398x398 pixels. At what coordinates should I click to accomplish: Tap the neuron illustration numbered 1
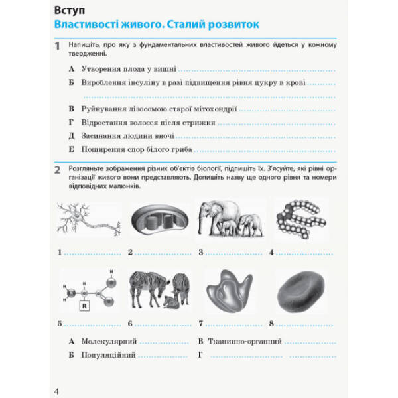[88, 220]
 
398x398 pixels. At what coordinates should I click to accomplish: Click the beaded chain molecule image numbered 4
[300, 220]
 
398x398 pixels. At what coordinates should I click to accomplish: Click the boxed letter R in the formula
[84, 306]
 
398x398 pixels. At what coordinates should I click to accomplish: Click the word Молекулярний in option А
[109, 341]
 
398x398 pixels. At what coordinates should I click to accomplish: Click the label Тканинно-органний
[246, 341]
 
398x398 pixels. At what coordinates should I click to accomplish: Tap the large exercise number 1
[57, 46]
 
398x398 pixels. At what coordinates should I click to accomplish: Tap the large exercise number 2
[57, 170]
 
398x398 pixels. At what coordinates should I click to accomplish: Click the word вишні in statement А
[165, 68]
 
